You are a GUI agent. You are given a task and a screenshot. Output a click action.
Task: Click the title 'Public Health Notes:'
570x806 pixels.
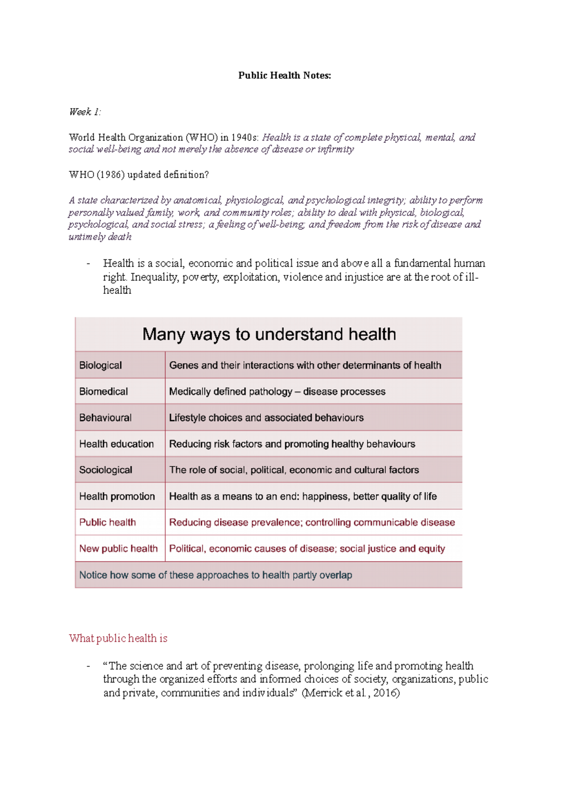[x=285, y=75]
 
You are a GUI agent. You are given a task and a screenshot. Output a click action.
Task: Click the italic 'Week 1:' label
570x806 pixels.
[x=85, y=112]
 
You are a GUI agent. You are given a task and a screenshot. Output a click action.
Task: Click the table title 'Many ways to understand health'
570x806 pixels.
[x=269, y=334]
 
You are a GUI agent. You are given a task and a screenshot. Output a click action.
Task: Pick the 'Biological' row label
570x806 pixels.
[x=101, y=365]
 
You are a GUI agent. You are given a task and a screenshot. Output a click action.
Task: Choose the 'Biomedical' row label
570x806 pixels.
[x=104, y=392]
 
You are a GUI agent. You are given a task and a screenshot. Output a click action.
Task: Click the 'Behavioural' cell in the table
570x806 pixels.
[x=105, y=418]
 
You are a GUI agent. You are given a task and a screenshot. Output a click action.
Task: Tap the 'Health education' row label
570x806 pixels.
[x=116, y=444]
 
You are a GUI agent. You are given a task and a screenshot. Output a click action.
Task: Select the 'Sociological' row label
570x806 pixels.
[x=106, y=470]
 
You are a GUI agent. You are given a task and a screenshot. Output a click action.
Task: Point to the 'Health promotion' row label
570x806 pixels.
[x=117, y=497]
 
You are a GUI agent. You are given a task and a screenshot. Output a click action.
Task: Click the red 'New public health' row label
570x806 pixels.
[x=118, y=549]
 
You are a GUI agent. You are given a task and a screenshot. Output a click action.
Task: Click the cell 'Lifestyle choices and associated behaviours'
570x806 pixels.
[x=266, y=418]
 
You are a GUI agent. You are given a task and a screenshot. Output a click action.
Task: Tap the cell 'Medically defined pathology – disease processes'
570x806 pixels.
[x=277, y=392]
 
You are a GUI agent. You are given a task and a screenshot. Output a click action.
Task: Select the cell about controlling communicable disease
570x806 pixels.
[x=312, y=523]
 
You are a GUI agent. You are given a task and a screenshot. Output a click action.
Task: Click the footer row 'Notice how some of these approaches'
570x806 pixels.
[x=216, y=575]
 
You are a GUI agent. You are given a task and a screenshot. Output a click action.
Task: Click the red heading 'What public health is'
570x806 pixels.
[x=118, y=638]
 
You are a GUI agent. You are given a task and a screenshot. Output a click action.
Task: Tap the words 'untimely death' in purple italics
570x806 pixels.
[x=100, y=237]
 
